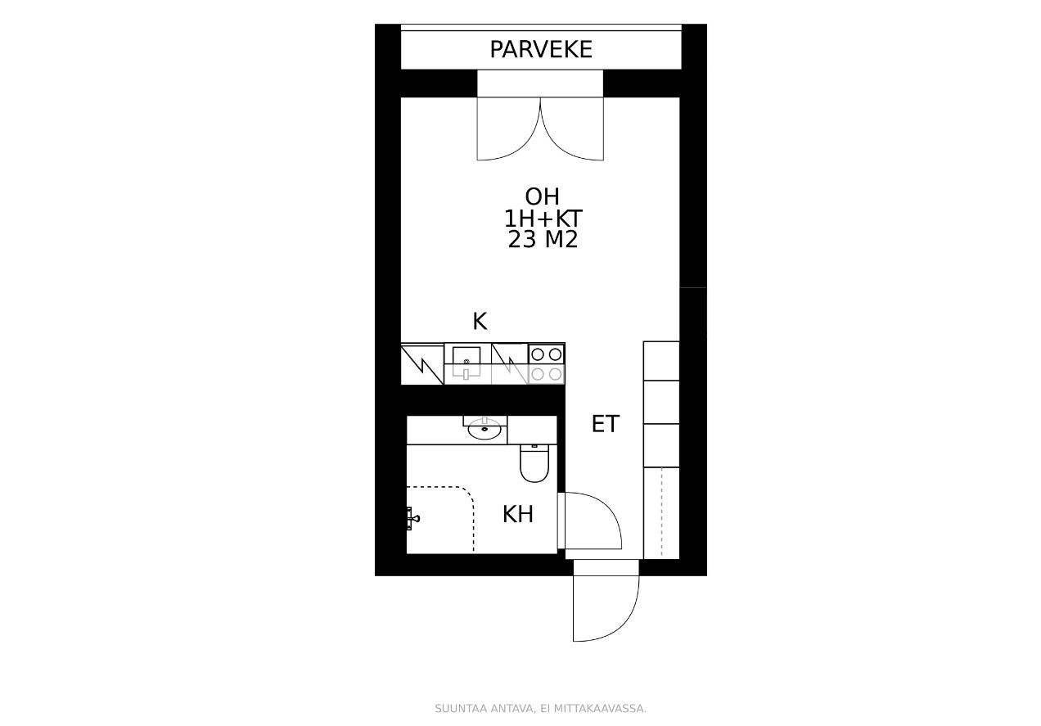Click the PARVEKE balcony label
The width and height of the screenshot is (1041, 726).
pyautogui.click(x=541, y=49)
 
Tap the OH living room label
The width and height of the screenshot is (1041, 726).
pyautogui.click(x=542, y=197)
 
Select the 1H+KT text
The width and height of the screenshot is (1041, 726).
pyautogui.click(x=543, y=219)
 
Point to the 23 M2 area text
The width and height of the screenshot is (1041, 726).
pyautogui.click(x=543, y=240)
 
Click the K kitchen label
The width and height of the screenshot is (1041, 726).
pyautogui.click(x=480, y=321)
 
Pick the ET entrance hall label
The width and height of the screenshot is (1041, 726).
pyautogui.click(x=605, y=424)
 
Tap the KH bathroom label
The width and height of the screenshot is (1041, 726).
pyautogui.click(x=518, y=514)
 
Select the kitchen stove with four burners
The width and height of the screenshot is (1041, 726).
pyautogui.click(x=547, y=364)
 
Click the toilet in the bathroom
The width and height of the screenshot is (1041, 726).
pyautogui.click(x=534, y=463)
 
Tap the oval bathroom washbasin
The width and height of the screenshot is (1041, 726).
pyautogui.click(x=484, y=428)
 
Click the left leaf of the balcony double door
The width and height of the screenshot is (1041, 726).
pyautogui.click(x=509, y=129)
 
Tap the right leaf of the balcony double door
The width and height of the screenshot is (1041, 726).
pyautogui.click(x=572, y=129)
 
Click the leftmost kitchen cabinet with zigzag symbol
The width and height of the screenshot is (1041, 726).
pyautogui.click(x=422, y=364)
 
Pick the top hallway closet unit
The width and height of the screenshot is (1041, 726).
pyautogui.click(x=661, y=361)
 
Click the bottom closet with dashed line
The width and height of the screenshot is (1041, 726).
pyautogui.click(x=661, y=513)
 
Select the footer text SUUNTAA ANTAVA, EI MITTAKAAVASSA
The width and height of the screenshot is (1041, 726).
pyautogui.click(x=540, y=709)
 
